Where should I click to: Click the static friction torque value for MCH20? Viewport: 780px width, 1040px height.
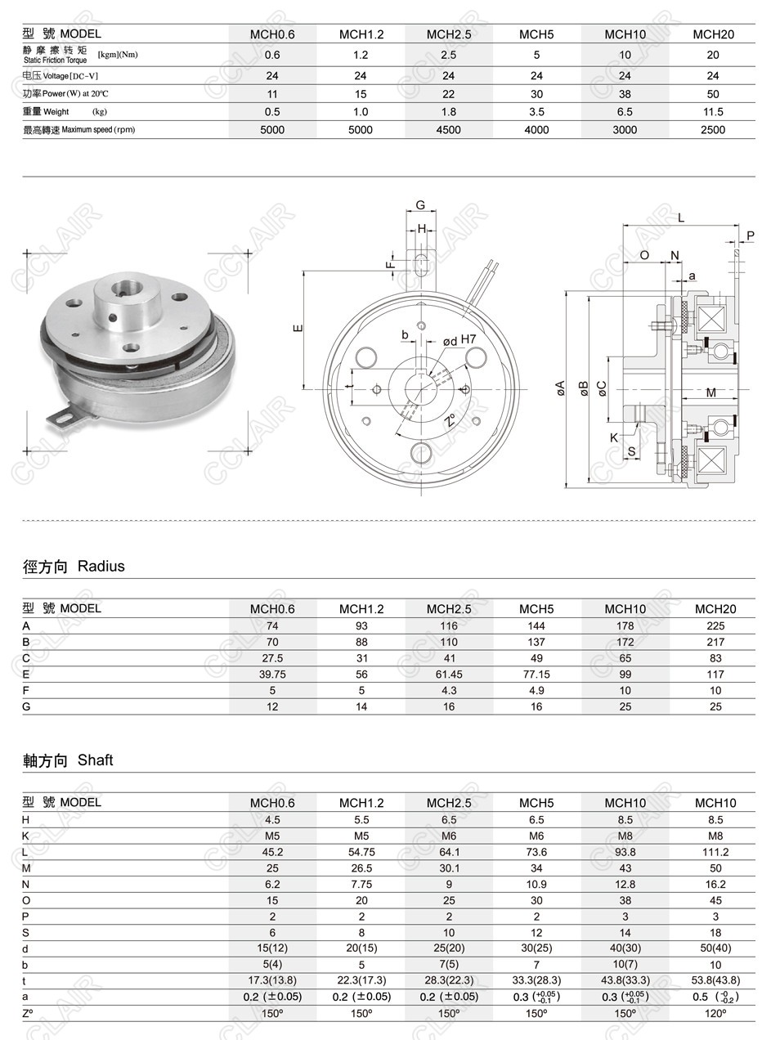713,55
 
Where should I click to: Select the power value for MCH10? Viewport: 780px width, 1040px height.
625,94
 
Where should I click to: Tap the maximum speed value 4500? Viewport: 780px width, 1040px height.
448,130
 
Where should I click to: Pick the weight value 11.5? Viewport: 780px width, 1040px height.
713,112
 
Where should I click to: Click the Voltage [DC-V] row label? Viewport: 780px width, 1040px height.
61,76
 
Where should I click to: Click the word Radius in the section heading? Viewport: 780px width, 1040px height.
101,567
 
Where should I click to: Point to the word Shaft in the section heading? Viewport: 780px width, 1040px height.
95,760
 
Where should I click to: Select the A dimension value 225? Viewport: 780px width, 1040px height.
715,626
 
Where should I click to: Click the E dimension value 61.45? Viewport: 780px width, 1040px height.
448,675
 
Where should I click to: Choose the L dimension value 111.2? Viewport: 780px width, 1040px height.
715,852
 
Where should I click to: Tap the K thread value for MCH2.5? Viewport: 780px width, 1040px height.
448,836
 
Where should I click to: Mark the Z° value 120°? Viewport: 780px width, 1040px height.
715,1013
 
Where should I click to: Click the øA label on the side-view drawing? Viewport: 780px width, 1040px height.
560,388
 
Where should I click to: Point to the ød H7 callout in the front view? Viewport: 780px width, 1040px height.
459,340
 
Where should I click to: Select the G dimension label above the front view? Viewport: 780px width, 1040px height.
420,205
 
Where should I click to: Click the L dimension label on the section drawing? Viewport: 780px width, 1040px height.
681,218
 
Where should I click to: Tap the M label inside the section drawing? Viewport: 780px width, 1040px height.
711,393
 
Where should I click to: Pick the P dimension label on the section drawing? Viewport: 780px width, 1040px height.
751,235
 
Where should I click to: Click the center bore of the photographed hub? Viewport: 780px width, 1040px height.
121,289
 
